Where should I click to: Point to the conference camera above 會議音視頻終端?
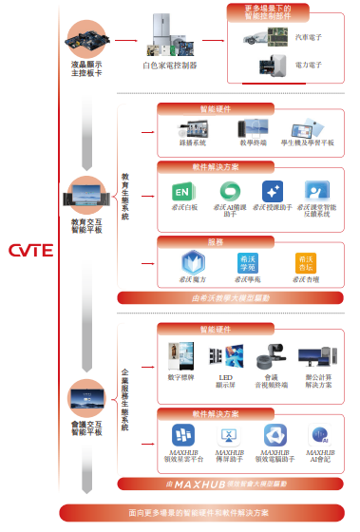point(274,356)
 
